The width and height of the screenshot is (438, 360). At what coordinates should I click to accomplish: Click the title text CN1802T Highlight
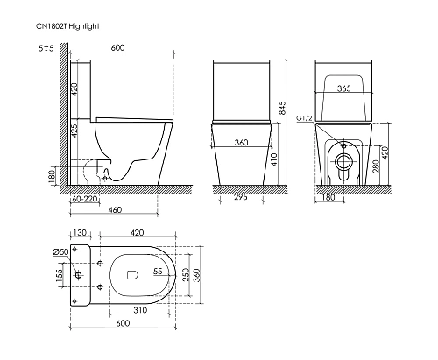pos(67,26)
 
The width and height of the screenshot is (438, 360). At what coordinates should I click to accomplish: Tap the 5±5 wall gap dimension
pos(46,48)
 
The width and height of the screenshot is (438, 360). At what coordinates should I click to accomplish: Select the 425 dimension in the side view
pos(74,131)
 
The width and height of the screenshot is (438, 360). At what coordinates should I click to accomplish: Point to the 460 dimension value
pos(115,210)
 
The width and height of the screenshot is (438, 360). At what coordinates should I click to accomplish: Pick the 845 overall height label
pos(282,108)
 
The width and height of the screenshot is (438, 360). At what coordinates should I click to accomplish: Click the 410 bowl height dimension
pos(274,159)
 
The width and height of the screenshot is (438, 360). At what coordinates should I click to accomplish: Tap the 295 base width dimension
pos(241,197)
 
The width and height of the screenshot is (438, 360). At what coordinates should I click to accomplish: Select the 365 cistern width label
pos(343,88)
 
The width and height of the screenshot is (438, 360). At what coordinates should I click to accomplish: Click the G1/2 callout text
pos(305,118)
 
